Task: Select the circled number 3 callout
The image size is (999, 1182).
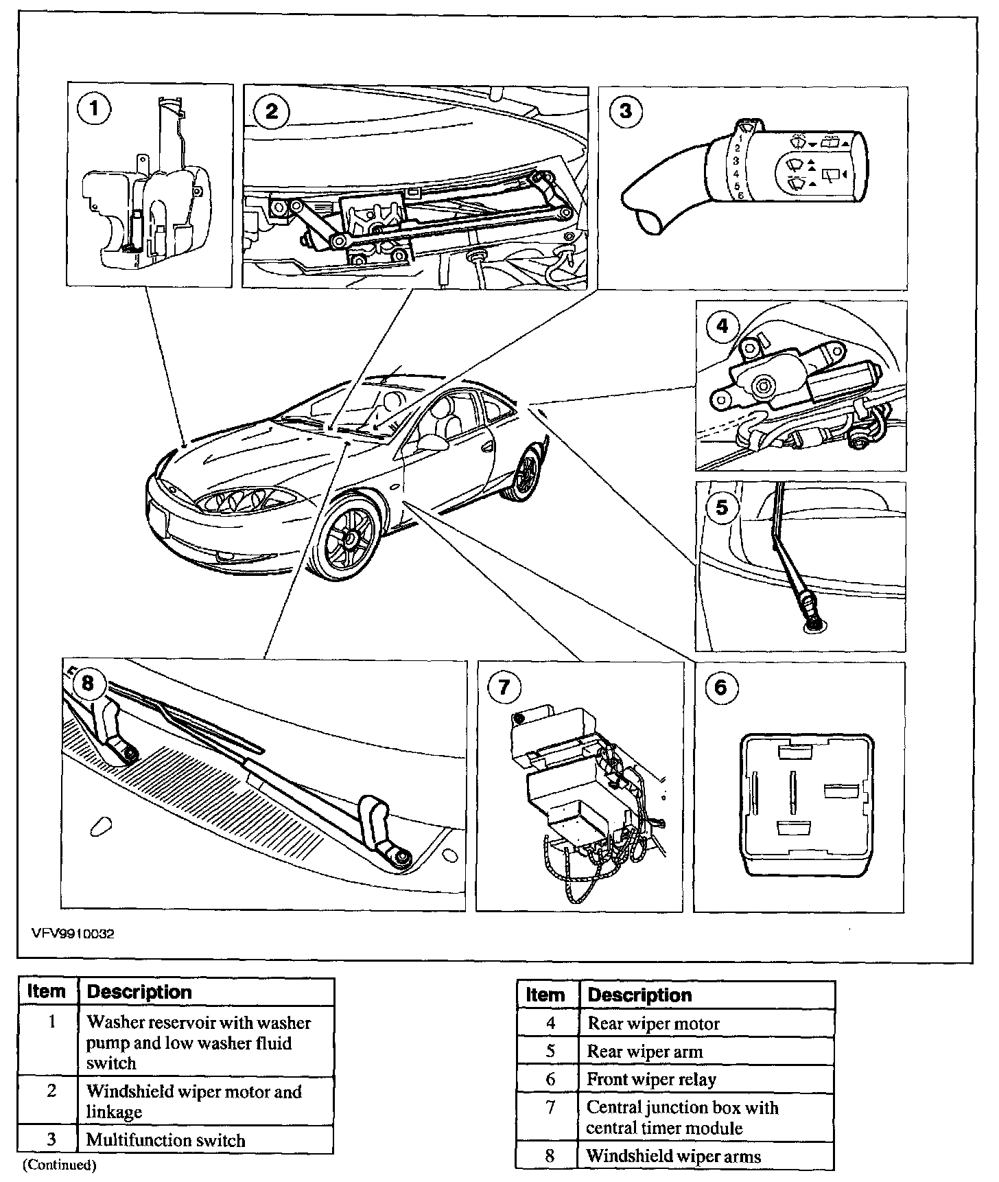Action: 625,111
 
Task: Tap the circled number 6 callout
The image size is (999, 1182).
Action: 721,687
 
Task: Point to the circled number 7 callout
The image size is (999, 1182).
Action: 504,687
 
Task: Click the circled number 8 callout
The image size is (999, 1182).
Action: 87,684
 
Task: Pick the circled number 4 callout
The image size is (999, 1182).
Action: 722,326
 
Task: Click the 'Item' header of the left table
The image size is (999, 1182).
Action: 47,992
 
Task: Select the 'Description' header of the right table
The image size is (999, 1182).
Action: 640,995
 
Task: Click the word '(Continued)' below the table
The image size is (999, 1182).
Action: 60,1164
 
